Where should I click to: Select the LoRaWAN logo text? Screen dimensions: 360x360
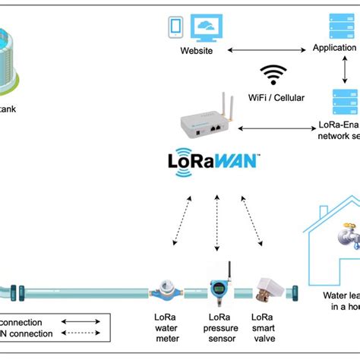(x=213, y=163)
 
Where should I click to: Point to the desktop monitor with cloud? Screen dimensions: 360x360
(x=207, y=27)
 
